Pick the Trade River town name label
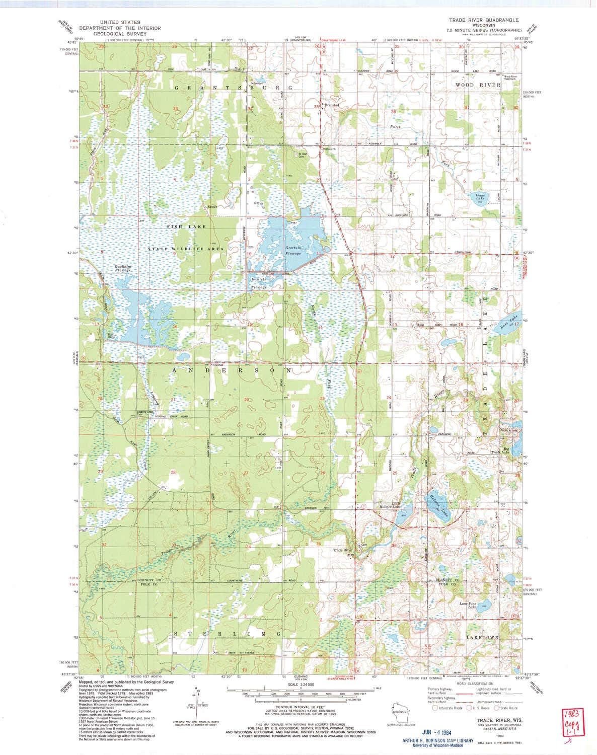pos(343,550)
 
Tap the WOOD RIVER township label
pos(478,85)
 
